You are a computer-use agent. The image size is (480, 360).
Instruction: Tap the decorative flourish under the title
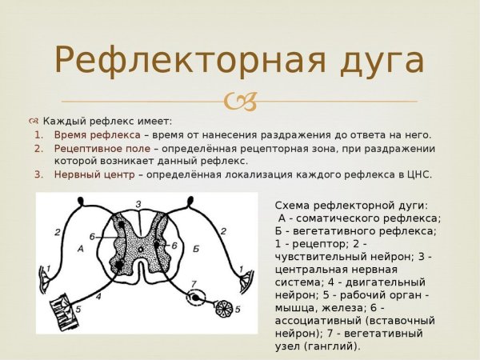241,102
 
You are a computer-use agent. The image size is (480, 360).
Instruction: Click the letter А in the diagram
79,249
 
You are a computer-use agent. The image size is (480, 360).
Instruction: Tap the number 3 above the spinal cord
138,204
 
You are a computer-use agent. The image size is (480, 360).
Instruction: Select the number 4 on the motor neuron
98,296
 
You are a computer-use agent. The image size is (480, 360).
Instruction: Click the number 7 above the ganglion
193,284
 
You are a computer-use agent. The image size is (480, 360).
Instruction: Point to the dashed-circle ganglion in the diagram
194,299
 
